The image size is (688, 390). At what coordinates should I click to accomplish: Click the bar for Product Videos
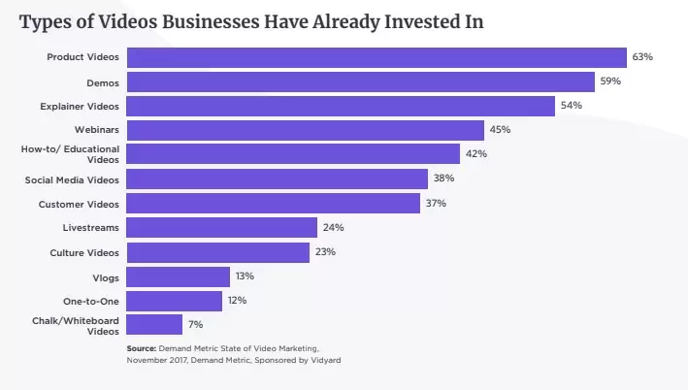pos(377,57)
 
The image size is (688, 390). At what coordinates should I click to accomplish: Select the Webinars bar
pos(306,130)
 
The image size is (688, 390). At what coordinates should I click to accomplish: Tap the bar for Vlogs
pos(179,276)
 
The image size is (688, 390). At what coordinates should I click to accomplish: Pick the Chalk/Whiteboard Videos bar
pos(154,325)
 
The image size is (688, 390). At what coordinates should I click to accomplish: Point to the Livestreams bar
pos(222,228)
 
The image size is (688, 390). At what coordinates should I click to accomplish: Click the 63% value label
pos(642,57)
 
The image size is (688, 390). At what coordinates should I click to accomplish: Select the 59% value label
pos(610,81)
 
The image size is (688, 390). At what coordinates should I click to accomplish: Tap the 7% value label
pos(196,325)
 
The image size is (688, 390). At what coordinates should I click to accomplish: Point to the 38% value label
pos(443,179)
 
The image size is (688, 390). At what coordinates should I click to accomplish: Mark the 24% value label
pos(334,228)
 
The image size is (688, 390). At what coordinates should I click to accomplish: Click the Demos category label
pos(103,82)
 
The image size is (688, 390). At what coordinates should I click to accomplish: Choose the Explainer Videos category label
pos(80,107)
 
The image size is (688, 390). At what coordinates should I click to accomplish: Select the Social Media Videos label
pos(72,180)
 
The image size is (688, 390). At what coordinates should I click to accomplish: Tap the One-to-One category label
pos(91,302)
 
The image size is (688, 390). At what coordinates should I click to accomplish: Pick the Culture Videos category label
pos(84,253)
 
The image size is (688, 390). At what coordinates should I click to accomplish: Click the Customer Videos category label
pos(79,205)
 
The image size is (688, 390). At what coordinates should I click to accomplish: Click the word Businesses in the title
pos(211,22)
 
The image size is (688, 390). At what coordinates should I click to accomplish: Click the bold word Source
pos(142,348)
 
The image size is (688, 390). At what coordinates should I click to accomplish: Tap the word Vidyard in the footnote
pos(326,360)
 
